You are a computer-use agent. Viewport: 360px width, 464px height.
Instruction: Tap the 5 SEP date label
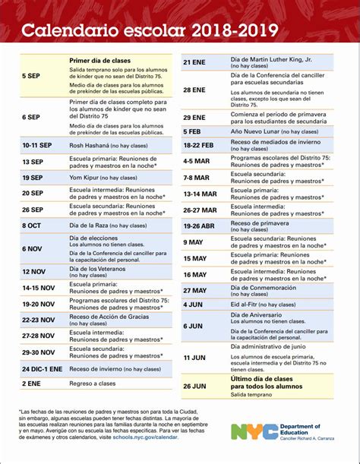[x=31, y=76]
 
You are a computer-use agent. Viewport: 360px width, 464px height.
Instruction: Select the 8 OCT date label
[x=31, y=226]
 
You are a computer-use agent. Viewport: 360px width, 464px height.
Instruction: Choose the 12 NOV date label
[x=33, y=271]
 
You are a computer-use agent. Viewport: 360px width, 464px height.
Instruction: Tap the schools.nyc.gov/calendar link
[x=148, y=438]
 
